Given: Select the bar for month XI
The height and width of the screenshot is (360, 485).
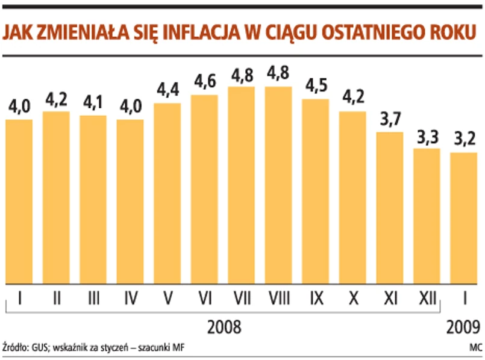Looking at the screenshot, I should pyautogui.click(x=390, y=208).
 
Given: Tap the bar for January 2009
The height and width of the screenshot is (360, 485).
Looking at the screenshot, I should pyautogui.click(x=464, y=218).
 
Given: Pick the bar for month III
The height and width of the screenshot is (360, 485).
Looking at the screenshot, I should pyautogui.click(x=93, y=199).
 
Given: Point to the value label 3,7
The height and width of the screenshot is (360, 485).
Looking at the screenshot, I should pyautogui.click(x=390, y=120).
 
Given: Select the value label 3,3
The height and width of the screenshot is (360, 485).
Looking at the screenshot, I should pyautogui.click(x=427, y=137).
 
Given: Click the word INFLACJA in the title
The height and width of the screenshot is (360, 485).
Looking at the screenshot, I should pyautogui.click(x=191, y=32).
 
